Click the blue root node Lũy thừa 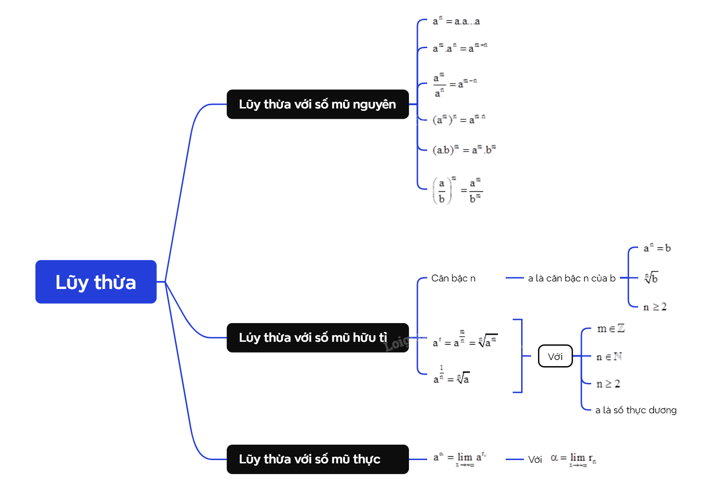96,282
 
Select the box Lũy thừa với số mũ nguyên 317,104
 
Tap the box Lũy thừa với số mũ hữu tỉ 317,338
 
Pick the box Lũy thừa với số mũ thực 317,459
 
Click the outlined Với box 555,356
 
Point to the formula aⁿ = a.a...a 456,22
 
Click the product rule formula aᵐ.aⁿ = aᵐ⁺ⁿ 460,48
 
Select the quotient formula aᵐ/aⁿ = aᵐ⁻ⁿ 455,85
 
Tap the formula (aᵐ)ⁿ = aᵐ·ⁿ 459,119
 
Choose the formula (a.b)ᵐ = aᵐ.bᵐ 464,150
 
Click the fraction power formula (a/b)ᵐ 457,190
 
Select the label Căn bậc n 453,278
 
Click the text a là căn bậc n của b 572,278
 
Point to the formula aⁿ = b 657,248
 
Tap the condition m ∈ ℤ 610,329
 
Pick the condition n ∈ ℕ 609,357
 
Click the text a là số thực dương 636,410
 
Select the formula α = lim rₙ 573,459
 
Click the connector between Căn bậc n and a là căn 514,278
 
